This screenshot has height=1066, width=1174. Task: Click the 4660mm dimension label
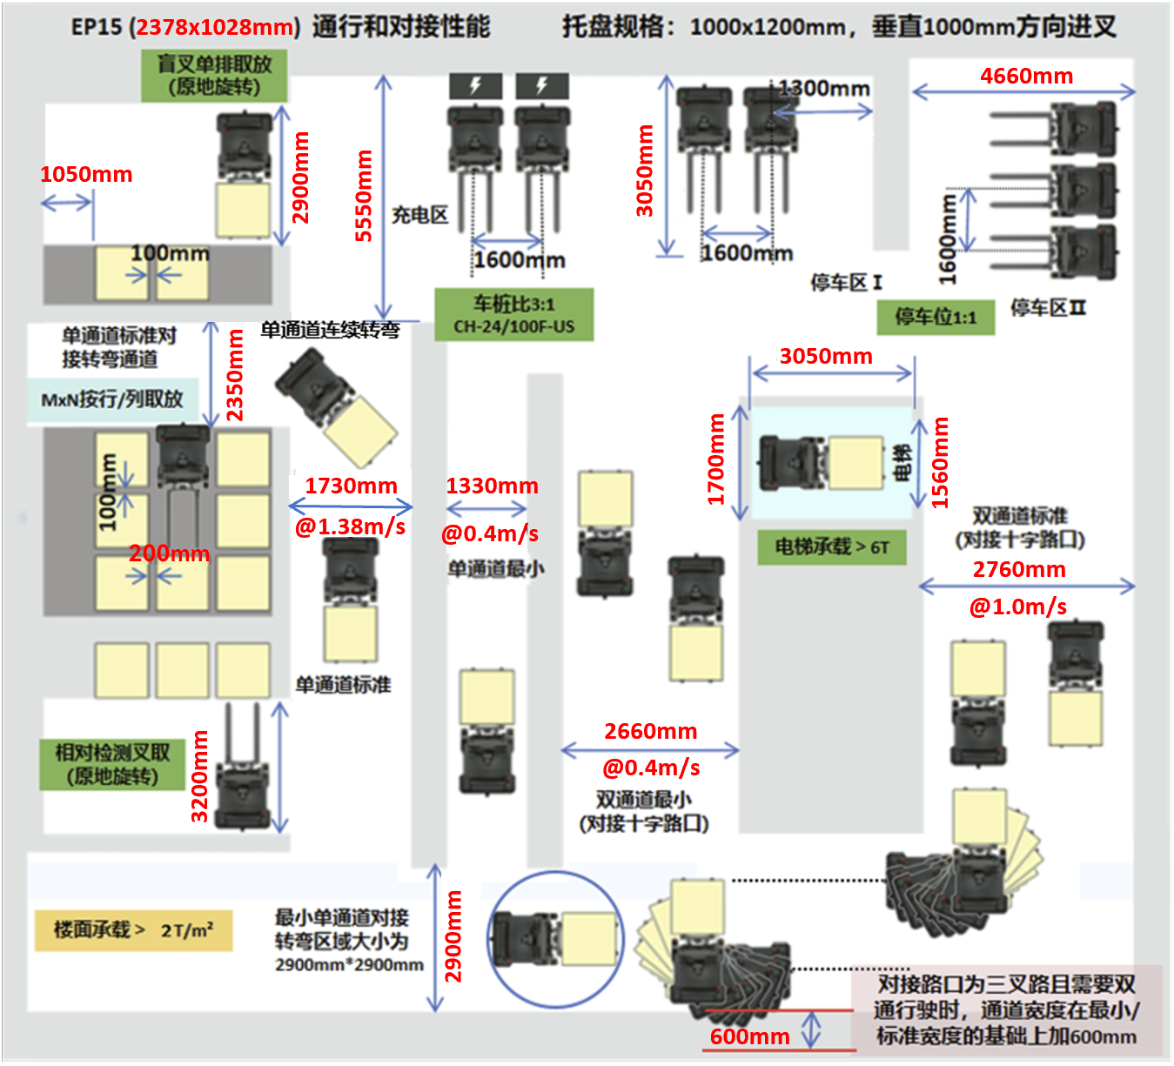1026,76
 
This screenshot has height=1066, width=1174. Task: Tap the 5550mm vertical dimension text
364,196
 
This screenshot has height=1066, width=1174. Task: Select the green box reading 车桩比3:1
513,314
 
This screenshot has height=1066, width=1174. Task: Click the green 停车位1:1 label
936,317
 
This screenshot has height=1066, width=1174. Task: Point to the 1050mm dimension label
86,174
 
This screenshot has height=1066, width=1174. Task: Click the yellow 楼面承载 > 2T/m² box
133,929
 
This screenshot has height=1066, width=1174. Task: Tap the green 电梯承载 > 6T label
831,547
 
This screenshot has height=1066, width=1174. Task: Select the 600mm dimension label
749,1036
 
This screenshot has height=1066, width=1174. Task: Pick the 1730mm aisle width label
351,486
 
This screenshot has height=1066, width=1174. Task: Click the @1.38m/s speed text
350,526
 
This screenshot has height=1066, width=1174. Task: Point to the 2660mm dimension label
650,731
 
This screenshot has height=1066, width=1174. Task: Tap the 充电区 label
419,215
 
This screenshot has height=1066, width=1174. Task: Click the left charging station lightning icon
475,85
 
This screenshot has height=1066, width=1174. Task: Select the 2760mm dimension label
1019,569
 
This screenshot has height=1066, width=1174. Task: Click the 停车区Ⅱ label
1048,307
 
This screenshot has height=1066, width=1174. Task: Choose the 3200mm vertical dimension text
199,775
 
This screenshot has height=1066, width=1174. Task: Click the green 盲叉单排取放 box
214,76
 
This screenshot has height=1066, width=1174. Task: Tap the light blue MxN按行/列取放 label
112,399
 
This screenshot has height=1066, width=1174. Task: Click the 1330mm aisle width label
492,486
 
